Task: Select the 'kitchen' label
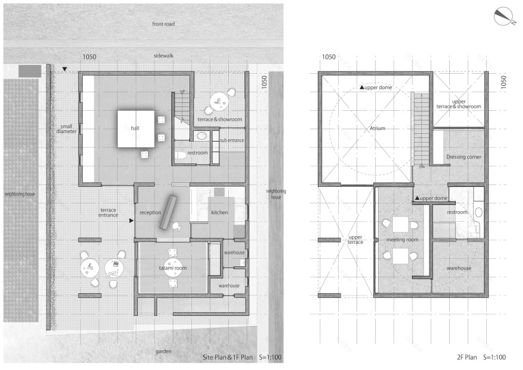click(219, 212)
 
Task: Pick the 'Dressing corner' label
click(463, 158)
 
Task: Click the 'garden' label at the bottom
click(163, 352)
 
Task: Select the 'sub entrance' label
click(231, 140)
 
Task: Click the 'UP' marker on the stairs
click(183, 92)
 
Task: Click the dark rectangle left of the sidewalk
click(30, 71)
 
